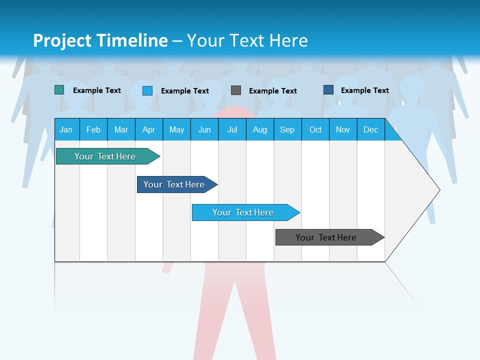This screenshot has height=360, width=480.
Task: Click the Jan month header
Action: pyautogui.click(x=66, y=129)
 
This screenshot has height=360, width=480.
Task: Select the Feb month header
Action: pyautogui.click(x=93, y=129)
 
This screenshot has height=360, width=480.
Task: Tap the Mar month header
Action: pyautogui.click(x=121, y=129)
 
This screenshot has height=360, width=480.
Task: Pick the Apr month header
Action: pyautogui.click(x=148, y=129)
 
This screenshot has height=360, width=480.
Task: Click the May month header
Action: pyautogui.click(x=176, y=129)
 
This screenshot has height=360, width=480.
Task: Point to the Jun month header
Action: pyautogui.click(x=204, y=129)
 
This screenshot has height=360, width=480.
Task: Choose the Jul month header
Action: pyautogui.click(x=232, y=129)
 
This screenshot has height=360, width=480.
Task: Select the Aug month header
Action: pyautogui.click(x=260, y=129)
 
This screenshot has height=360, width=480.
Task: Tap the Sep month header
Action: pyautogui.click(x=287, y=129)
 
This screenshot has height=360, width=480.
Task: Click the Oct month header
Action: pyautogui.click(x=315, y=129)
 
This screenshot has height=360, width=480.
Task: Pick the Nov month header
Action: pyautogui.click(x=343, y=129)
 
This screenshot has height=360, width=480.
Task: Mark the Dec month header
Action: pyautogui.click(x=371, y=129)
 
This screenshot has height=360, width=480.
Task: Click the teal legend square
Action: pyautogui.click(x=59, y=90)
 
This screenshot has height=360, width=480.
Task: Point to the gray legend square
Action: pyautogui.click(x=236, y=90)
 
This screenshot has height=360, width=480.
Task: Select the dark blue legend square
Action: pyautogui.click(x=328, y=90)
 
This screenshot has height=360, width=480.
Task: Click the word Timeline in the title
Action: pyautogui.click(x=131, y=40)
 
